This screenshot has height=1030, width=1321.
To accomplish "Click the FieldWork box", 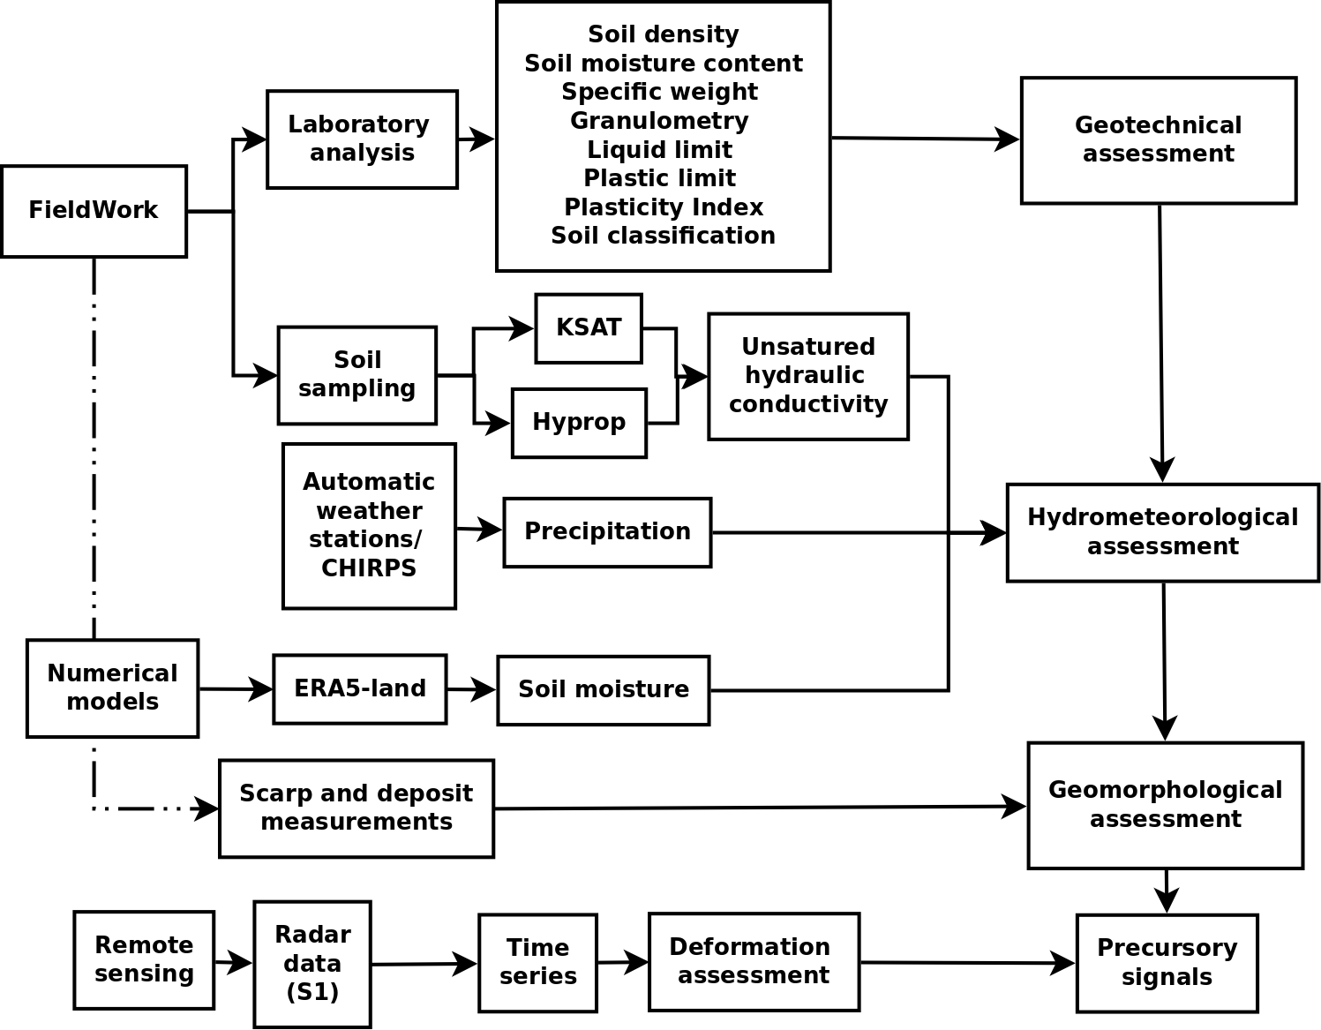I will (x=94, y=211).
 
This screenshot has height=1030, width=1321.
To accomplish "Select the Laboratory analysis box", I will (x=362, y=139).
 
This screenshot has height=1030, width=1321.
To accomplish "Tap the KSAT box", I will (x=589, y=328).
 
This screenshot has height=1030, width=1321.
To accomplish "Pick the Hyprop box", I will (x=579, y=423).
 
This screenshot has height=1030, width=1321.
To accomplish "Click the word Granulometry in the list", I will (x=659, y=121).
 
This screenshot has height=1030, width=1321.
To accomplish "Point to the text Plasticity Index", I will (x=664, y=207).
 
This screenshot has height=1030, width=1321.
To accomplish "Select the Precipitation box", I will (x=607, y=532).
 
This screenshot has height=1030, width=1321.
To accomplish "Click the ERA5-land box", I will (x=360, y=689).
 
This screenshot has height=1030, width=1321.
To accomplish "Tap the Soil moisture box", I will (x=604, y=690).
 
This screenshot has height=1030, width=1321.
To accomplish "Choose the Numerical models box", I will (x=113, y=688).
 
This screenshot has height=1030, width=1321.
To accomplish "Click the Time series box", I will (x=537, y=962).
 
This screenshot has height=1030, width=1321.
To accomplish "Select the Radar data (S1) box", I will (x=312, y=964).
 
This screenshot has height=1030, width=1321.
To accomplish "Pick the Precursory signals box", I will (x=1167, y=963).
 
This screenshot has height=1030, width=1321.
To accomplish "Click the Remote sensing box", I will (x=144, y=960).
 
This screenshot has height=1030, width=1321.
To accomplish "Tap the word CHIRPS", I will (x=369, y=568).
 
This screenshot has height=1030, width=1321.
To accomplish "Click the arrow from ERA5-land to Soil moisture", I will (x=472, y=689).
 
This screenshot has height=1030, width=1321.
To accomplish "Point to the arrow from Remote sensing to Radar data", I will (x=234, y=962).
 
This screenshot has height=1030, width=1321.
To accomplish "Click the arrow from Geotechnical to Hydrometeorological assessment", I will (x=1161, y=344).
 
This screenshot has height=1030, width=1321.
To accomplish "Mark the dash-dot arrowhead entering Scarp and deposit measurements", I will (x=208, y=808).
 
